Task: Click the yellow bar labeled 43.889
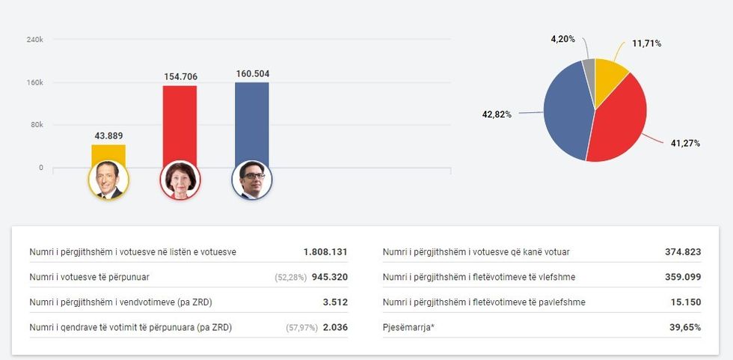pyautogui.click(x=108, y=154)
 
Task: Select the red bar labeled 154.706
pyautogui.click(x=180, y=123)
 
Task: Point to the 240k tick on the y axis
pyautogui.click(x=35, y=40)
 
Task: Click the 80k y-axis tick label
pyautogui.click(x=37, y=125)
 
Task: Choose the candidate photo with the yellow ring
pyautogui.click(x=108, y=180)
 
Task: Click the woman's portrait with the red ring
pyautogui.click(x=180, y=180)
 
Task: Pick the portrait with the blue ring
pyautogui.click(x=252, y=180)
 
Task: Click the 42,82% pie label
pyautogui.click(x=496, y=115)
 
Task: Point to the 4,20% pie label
pyautogui.click(x=562, y=38)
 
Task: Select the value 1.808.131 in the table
pyautogui.click(x=325, y=252)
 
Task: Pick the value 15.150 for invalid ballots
pyautogui.click(x=686, y=302)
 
